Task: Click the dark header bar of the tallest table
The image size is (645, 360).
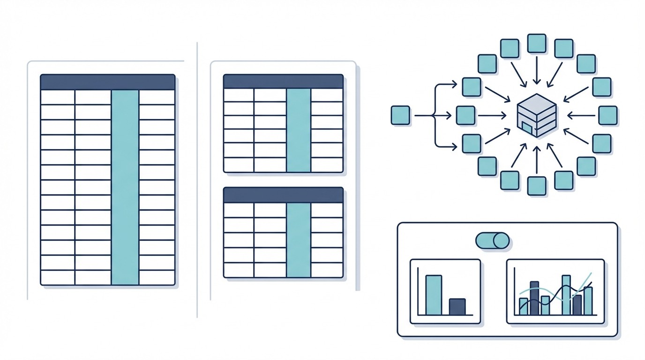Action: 107,82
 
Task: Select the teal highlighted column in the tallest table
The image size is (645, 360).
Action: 125,187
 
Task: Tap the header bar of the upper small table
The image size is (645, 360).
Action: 283,81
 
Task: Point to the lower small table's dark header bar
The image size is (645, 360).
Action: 283,195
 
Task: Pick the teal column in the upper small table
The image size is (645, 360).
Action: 298,130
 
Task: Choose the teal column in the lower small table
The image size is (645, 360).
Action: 298,240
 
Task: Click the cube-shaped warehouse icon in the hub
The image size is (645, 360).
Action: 537,115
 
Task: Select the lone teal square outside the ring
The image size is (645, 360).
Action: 400,115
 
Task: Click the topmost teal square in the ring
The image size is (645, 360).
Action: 537,43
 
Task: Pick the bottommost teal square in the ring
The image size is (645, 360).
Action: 537,186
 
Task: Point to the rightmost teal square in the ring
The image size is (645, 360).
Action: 608,115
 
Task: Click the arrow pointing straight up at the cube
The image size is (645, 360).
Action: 537,158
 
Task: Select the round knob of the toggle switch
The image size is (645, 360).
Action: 501,240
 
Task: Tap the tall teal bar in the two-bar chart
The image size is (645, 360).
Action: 434,295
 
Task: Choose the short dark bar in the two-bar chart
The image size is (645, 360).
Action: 457,307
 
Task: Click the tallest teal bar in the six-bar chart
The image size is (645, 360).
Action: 566,295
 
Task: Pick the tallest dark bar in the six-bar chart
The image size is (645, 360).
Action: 534,298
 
